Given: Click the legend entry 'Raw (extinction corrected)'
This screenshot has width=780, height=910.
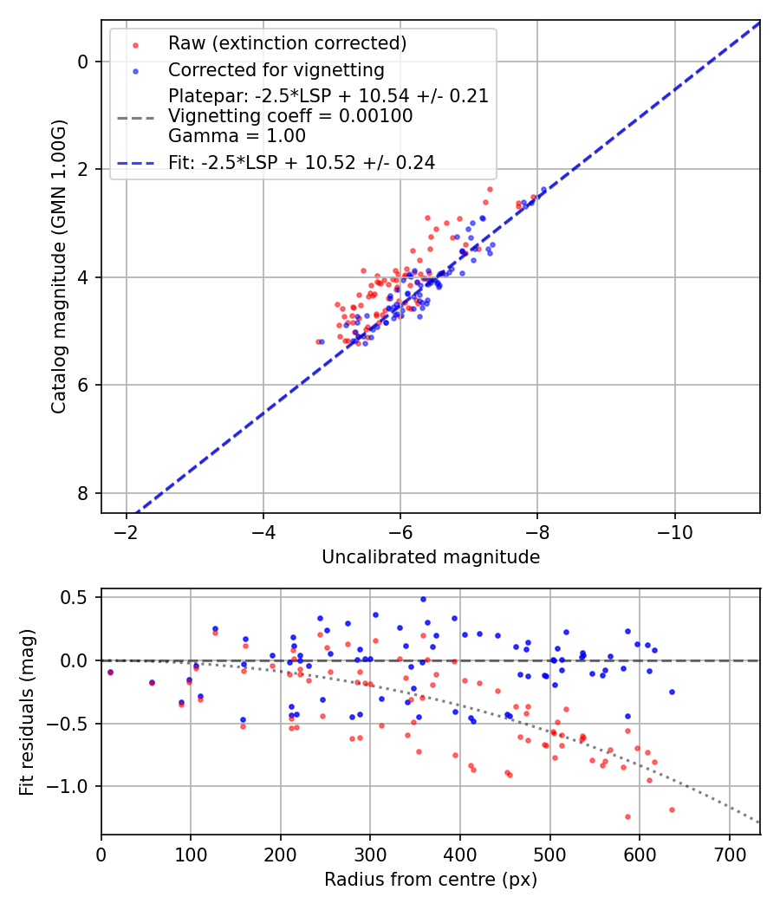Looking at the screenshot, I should [287, 43].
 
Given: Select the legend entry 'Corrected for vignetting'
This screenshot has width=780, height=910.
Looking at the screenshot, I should [276, 70].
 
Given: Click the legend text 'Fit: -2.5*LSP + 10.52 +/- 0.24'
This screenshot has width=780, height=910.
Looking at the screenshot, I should [302, 162].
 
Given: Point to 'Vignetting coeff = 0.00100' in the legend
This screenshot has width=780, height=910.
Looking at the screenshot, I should [290, 116].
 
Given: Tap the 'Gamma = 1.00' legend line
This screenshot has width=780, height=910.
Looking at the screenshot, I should [237, 136].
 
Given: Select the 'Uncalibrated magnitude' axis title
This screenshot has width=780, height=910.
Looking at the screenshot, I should [431, 557].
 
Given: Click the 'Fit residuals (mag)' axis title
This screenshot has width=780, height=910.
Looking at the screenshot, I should [27, 712].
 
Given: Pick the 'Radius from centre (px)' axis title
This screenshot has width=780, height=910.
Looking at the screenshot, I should [431, 880].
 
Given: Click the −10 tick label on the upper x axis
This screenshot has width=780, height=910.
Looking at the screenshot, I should [674, 531].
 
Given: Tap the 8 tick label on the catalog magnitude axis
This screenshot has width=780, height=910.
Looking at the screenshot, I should [83, 493].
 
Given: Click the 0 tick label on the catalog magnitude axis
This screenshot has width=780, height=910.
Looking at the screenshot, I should [83, 62].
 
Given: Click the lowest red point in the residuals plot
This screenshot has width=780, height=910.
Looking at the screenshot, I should [627, 816].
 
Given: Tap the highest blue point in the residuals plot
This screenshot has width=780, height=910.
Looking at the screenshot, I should [423, 599].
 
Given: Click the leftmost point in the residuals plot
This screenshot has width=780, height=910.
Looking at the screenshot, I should [110, 672].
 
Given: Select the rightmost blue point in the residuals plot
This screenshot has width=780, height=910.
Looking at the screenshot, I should [672, 692].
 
